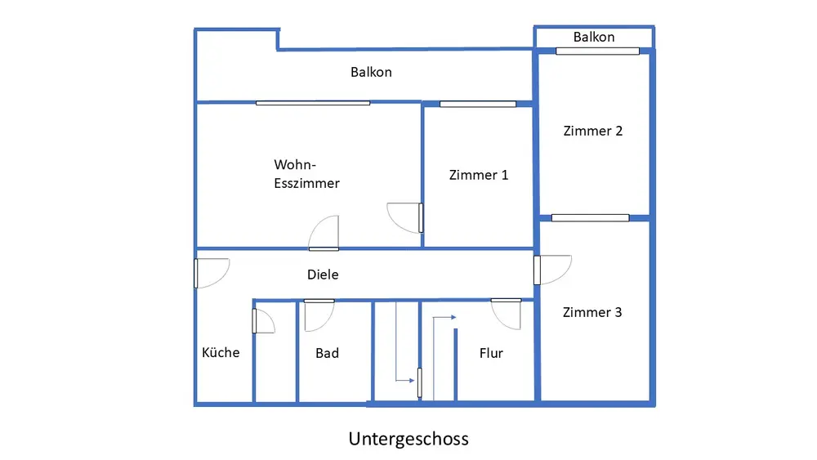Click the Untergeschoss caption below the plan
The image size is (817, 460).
[408, 439]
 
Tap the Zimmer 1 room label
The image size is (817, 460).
[478, 175]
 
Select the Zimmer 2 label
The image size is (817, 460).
[593, 131]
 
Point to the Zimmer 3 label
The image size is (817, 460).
[592, 312]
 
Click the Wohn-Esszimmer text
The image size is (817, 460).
[306, 174]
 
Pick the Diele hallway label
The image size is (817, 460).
[323, 275]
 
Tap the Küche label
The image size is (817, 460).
[221, 352]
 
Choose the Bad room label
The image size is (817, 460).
[328, 353]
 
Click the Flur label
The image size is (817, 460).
[491, 353]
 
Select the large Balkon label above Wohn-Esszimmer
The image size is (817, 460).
[371, 72]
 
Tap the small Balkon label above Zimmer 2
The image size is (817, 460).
[594, 37]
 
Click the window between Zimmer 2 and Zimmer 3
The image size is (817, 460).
[591, 218]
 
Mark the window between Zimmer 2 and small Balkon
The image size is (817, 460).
[598, 51]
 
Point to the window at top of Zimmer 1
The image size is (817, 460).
[478, 105]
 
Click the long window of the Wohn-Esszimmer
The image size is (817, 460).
[313, 103]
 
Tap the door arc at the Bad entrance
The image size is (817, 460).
[326, 321]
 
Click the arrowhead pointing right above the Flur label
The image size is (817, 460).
[453, 317]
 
